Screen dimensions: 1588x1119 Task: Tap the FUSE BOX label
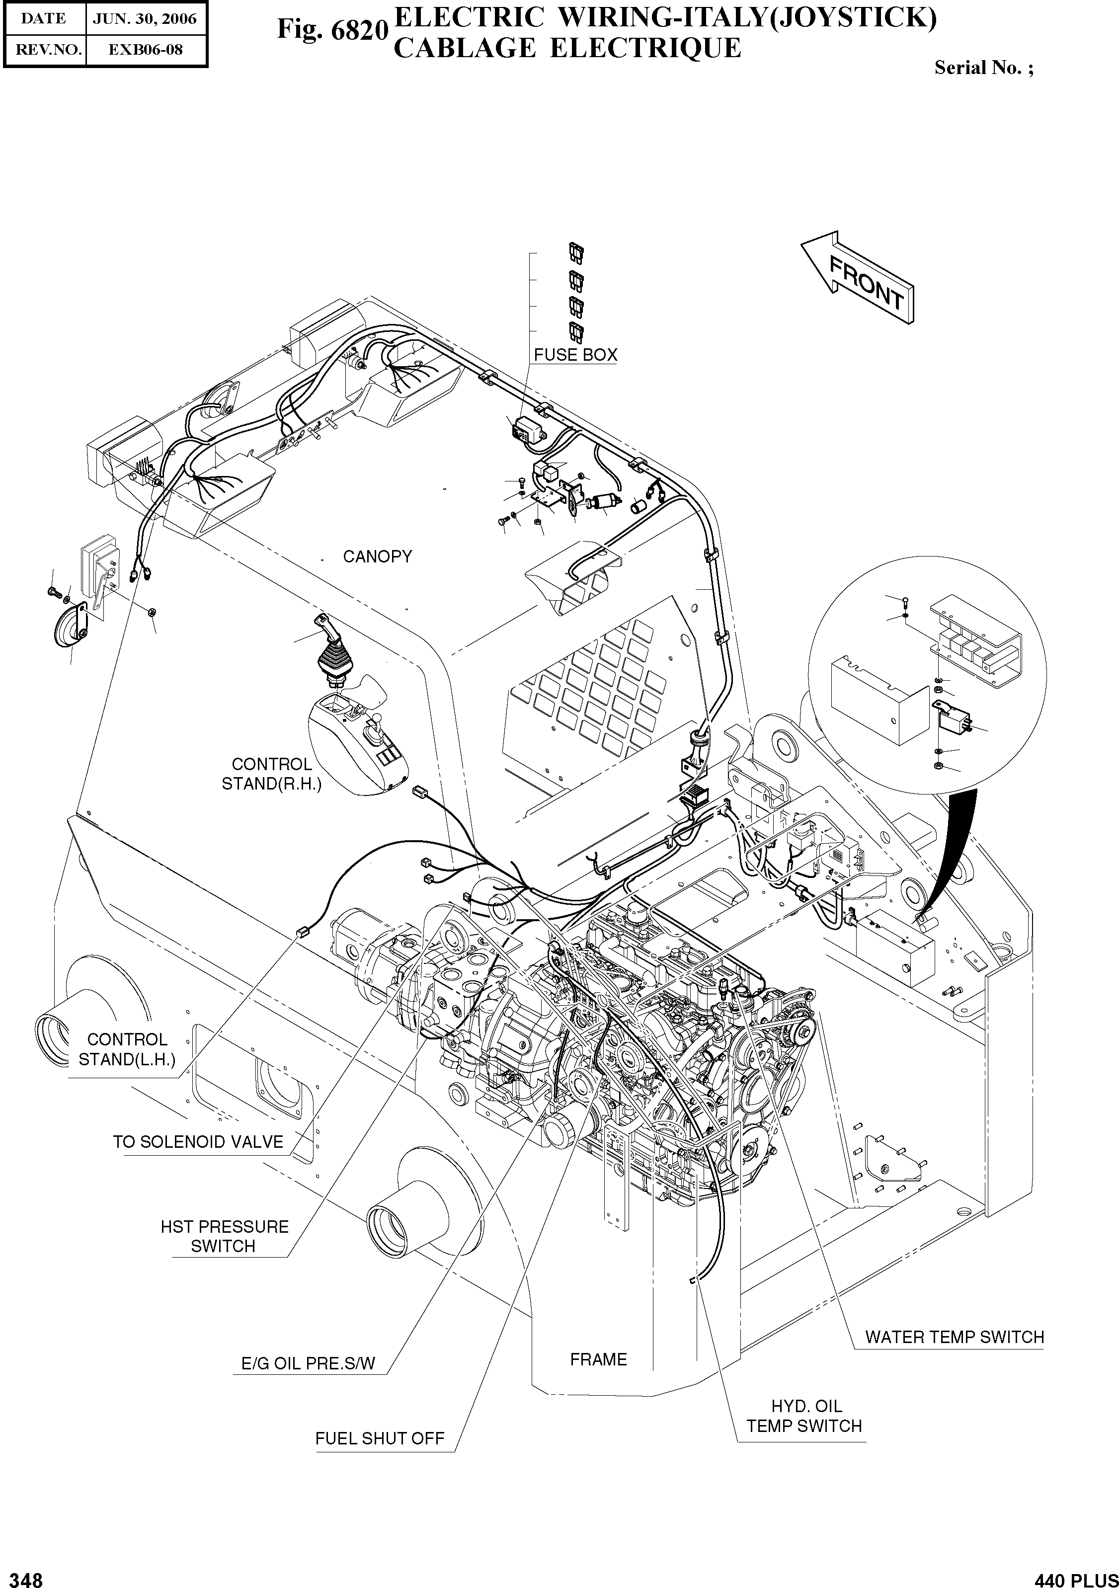click(575, 355)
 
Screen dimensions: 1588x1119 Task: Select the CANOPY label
click(377, 557)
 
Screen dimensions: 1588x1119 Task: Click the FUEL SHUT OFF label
click(379, 1438)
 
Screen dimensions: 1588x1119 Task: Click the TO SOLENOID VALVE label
click(198, 1142)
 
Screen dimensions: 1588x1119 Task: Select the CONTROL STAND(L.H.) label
click(127, 1049)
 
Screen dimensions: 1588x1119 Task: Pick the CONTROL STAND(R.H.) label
click(271, 774)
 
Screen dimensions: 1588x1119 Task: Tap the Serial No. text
click(983, 68)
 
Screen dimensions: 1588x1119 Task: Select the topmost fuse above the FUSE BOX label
click(576, 253)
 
